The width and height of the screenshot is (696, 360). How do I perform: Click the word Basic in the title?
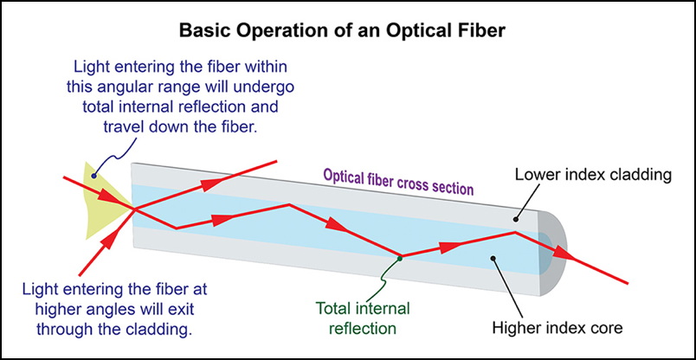(203, 30)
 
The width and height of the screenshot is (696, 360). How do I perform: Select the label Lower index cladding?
(592, 176)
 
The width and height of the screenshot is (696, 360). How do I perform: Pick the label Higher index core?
(558, 328)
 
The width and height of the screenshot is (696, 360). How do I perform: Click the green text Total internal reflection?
(363, 318)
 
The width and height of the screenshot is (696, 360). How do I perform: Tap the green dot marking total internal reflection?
(399, 258)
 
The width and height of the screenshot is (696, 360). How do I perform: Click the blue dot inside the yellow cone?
(93, 177)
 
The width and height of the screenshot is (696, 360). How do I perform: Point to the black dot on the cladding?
(516, 219)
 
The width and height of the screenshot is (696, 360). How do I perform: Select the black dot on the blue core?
(493, 256)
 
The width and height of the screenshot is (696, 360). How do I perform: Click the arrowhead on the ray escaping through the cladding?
(211, 183)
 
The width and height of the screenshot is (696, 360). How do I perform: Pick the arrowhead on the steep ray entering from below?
(111, 241)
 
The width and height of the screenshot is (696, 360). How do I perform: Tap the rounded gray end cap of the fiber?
(553, 253)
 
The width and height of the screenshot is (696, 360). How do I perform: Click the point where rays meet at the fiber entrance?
(135, 209)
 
